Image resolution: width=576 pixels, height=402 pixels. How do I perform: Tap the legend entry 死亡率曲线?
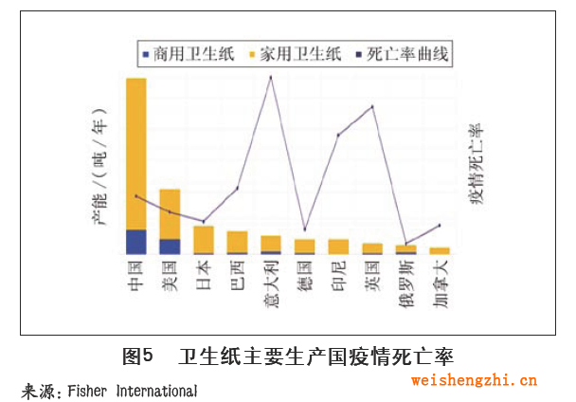[402, 56]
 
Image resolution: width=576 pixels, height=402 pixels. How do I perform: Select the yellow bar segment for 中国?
[136, 152]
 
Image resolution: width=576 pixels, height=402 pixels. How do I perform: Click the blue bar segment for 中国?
[136, 242]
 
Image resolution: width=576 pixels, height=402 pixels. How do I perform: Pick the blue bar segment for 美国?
[170, 247]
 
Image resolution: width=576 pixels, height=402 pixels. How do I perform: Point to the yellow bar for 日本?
[204, 239]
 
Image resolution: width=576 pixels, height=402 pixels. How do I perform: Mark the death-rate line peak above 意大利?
[272, 76]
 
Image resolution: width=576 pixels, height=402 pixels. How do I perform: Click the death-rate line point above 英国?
[372, 106]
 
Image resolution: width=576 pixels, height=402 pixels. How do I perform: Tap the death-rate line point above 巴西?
[237, 188]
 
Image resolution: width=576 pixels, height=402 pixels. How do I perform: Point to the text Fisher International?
[132, 391]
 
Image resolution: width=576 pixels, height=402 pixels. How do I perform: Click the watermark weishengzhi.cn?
[474, 381]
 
